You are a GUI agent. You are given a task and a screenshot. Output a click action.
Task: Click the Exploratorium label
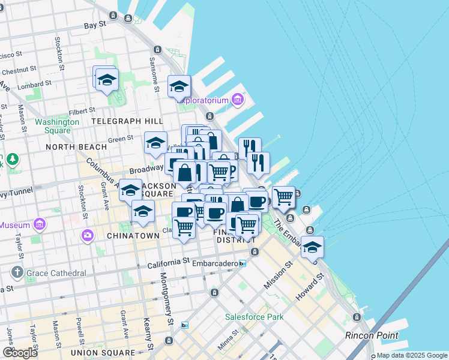point(206,100)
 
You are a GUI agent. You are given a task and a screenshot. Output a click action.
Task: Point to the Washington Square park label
point(57,126)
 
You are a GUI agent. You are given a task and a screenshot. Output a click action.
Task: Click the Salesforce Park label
point(250,316)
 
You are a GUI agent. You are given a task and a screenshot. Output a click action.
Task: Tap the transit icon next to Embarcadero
point(243,263)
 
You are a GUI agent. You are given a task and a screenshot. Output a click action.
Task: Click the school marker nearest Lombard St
point(107,79)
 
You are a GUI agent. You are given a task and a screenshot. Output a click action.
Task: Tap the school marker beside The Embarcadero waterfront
point(312,247)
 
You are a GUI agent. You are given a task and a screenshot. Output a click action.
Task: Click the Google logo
point(20,353)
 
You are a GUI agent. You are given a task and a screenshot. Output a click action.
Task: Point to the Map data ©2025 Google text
point(412,355)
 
